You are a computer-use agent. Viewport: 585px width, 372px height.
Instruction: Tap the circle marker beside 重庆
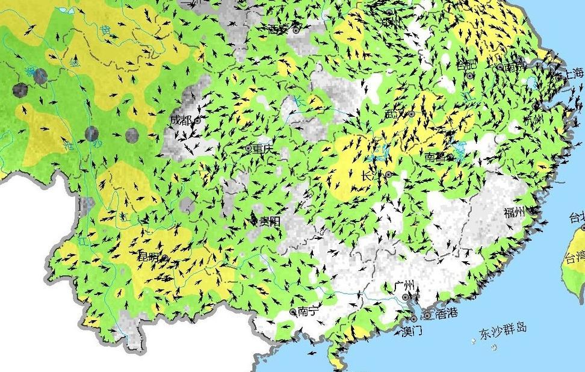coord(249,147)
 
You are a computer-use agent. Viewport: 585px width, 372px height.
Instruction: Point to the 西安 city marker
coord(296,29)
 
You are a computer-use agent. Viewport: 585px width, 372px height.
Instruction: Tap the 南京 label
coord(515,67)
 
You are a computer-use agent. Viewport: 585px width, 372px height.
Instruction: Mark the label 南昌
coord(435,157)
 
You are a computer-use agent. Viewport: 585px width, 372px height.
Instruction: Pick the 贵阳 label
coord(269,222)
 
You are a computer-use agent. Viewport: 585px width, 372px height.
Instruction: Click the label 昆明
coord(148,257)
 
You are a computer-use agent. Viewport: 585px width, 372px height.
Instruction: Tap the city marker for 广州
coord(406,297)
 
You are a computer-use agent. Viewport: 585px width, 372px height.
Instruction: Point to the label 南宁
coord(308,311)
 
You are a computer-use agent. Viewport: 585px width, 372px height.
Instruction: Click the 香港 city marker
coord(427,315)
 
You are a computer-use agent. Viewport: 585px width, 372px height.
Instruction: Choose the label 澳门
coord(412,331)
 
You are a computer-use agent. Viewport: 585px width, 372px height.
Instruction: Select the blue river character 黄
coord(106,30)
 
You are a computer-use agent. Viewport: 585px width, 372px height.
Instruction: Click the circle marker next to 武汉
coord(412,114)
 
